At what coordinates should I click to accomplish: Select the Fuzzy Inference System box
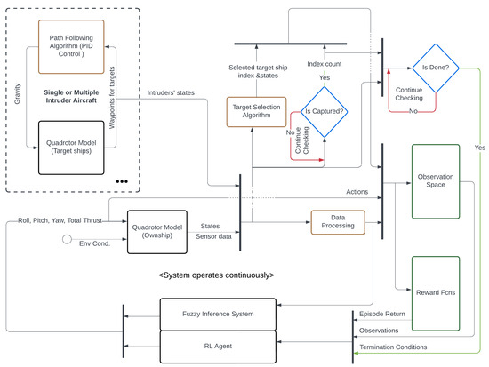[228, 315]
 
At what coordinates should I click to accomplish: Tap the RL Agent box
[228, 346]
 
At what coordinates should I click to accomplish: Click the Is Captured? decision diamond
[324, 112]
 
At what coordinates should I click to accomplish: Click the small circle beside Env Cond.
[65, 240]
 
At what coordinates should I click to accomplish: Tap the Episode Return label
[382, 315]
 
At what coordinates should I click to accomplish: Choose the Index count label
[325, 64]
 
